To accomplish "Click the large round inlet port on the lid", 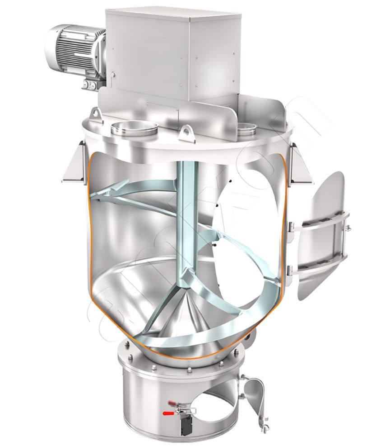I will pyautogui.click(x=134, y=128).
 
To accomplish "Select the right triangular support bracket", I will pyautogui.click(x=300, y=165).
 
